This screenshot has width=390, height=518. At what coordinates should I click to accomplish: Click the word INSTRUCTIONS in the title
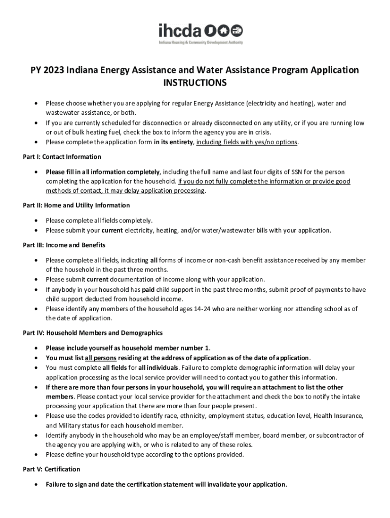click(195, 83)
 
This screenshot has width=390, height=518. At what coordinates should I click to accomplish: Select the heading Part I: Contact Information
click(62, 157)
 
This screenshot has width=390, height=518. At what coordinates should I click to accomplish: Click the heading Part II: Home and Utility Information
click(76, 205)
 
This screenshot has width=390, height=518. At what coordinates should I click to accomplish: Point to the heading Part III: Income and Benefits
click(64, 245)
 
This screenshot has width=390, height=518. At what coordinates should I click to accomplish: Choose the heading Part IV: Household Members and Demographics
click(93, 333)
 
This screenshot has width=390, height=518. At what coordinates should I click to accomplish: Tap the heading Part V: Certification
click(52, 469)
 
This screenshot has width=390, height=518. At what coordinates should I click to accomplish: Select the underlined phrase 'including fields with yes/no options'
click(247, 142)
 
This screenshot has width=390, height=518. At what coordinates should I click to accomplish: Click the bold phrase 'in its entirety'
click(173, 142)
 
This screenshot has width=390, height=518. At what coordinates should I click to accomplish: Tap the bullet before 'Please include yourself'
click(35, 348)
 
